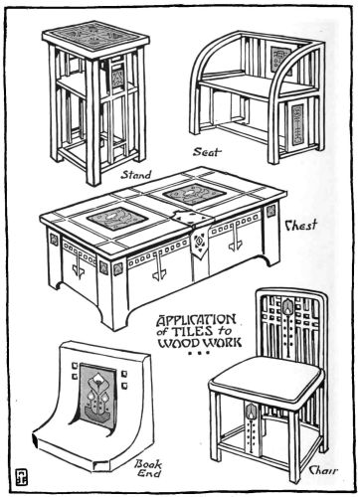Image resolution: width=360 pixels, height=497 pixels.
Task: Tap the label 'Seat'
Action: (206, 153)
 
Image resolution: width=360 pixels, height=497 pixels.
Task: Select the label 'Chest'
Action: (300, 226)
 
